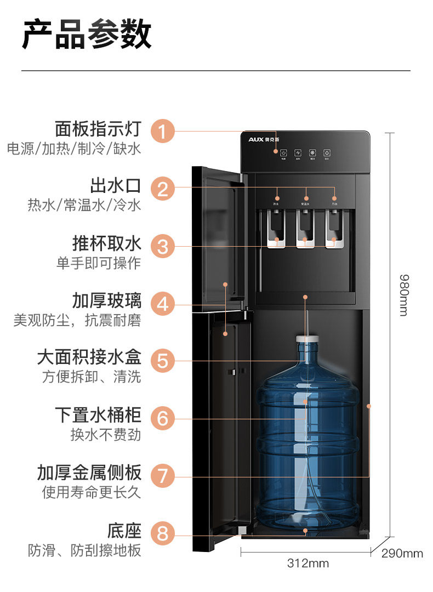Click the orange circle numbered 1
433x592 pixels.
point(163,132)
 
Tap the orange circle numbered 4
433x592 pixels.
point(163,303)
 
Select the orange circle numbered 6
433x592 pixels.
point(163,418)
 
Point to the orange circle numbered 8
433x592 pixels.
point(163,533)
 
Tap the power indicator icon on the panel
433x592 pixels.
point(283,152)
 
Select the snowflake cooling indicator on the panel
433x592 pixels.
point(312,152)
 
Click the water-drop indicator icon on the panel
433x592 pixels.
point(327,152)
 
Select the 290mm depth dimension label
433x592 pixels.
point(402,553)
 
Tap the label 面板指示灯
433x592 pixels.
point(98,129)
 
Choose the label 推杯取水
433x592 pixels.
point(107,243)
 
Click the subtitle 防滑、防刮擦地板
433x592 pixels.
point(84,550)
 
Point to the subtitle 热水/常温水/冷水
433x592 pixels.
point(84,205)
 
